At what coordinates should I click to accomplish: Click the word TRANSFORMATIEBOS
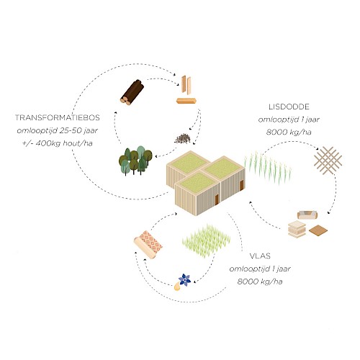coord(58,117)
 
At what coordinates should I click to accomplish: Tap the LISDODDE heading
coord(289,107)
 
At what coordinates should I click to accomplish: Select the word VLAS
coord(260,256)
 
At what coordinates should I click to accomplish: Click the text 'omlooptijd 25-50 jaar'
coord(58,130)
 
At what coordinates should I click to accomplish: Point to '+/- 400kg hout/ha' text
coord(58,143)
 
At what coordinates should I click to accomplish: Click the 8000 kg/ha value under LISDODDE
coord(289,132)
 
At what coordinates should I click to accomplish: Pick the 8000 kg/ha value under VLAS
coord(260,282)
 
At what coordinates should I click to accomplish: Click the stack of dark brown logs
coord(132,93)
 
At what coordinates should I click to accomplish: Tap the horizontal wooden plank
coord(186,101)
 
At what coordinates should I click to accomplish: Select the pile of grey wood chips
coord(183,139)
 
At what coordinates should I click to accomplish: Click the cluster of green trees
coord(135,160)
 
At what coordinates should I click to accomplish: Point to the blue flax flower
coord(185,279)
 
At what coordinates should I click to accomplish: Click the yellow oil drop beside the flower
coord(177,287)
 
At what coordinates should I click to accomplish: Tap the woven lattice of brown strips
coord(328,160)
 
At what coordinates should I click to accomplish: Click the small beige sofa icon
coord(307,215)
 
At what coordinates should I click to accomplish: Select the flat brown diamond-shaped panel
coord(318,230)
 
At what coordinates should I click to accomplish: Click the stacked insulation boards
coord(297,230)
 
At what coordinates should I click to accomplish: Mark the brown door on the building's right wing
coord(242,185)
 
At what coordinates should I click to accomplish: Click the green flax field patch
coord(207,240)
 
